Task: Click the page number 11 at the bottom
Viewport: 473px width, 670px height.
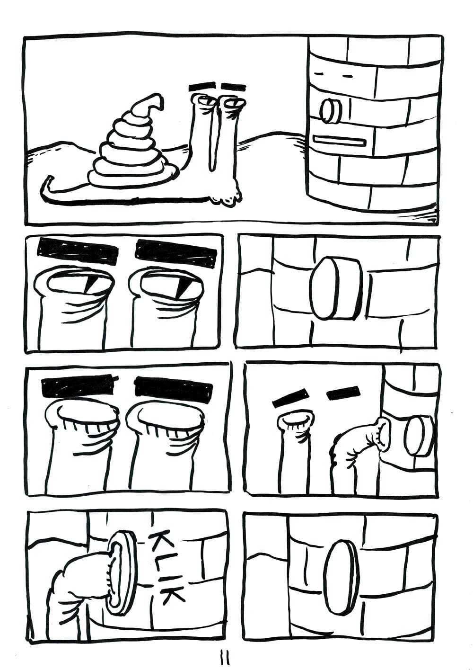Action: tap(226, 657)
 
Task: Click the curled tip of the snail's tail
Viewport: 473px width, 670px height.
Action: tap(49, 180)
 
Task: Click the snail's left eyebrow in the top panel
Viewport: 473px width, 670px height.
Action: tap(202, 87)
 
